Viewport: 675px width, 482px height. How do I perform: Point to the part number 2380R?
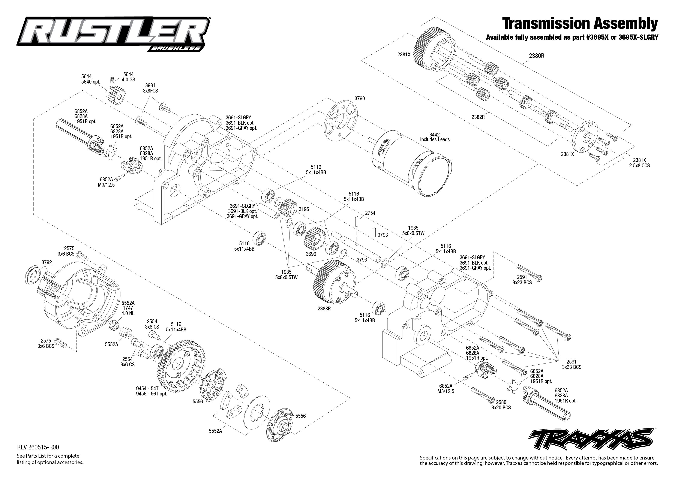tap(536, 55)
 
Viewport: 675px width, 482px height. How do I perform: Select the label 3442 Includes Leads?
tap(435, 137)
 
